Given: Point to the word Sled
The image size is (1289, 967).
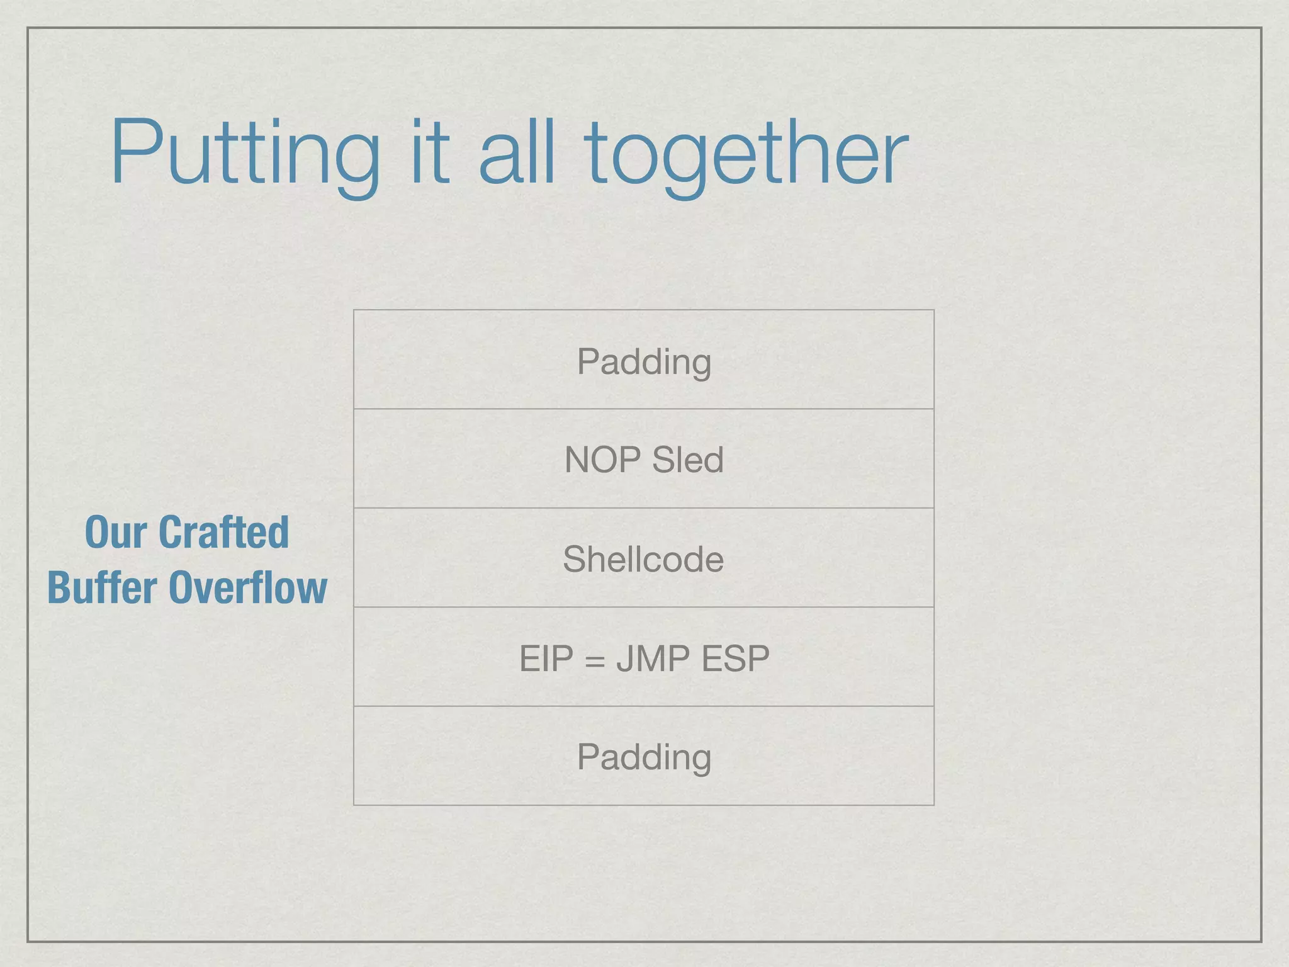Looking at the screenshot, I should coord(687,460).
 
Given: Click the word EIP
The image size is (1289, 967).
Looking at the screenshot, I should coord(546,659).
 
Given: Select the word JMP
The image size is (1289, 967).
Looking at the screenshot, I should coord(653,659).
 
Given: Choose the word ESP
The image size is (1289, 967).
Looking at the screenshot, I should coord(735,659).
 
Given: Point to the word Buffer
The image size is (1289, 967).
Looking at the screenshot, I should coord(102,587).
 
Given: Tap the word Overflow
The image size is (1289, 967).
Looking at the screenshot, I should coord(248,587).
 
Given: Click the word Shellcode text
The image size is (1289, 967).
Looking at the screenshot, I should coord(643,559).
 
